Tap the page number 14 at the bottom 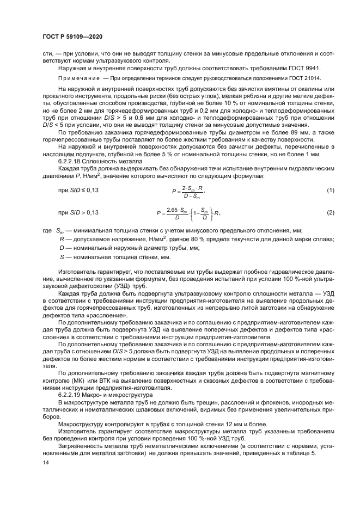45,462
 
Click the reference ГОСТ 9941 306,68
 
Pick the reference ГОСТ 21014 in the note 304,78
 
